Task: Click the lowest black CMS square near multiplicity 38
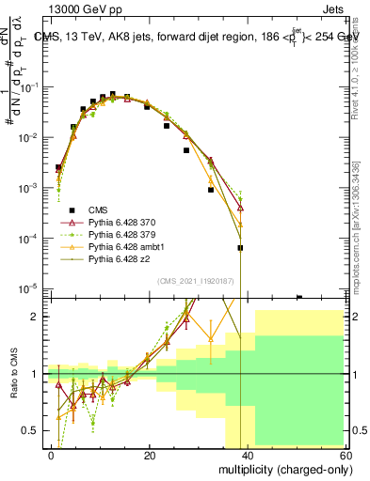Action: point(240,248)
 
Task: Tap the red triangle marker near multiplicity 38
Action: point(240,208)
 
